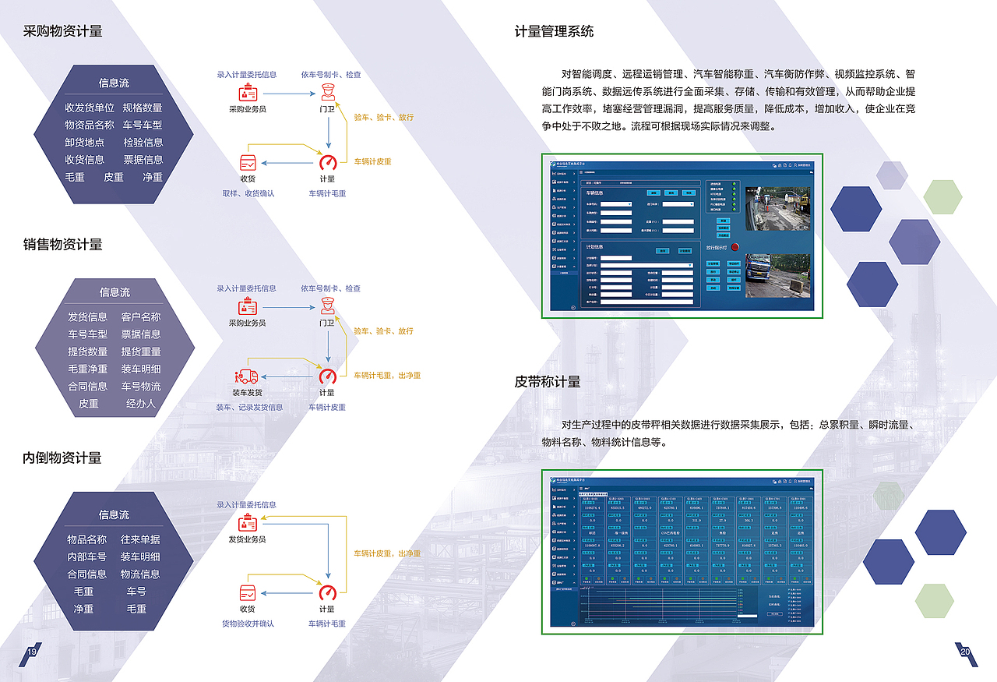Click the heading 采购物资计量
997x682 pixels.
coord(63,31)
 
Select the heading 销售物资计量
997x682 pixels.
coord(63,245)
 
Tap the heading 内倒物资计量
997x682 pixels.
coord(62,458)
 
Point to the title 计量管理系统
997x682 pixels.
coord(554,31)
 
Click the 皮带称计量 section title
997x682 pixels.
coord(548,382)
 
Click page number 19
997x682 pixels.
coord(32,652)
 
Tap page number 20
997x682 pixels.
coord(965,652)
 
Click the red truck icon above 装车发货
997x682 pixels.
coord(247,376)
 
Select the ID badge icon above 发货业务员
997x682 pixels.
coord(247,522)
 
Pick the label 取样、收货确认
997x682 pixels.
coord(248,193)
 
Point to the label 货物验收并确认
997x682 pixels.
coord(248,624)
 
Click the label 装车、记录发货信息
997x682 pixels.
coord(249,407)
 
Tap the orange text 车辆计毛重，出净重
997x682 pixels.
coord(387,376)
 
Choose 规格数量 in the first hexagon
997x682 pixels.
coord(143,108)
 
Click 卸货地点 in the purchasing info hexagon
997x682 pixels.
coord(85,143)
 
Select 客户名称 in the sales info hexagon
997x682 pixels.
coord(141,317)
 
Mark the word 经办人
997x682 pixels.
coord(141,404)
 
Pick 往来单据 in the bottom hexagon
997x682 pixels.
coord(141,539)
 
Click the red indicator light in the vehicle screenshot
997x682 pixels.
coord(735,247)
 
